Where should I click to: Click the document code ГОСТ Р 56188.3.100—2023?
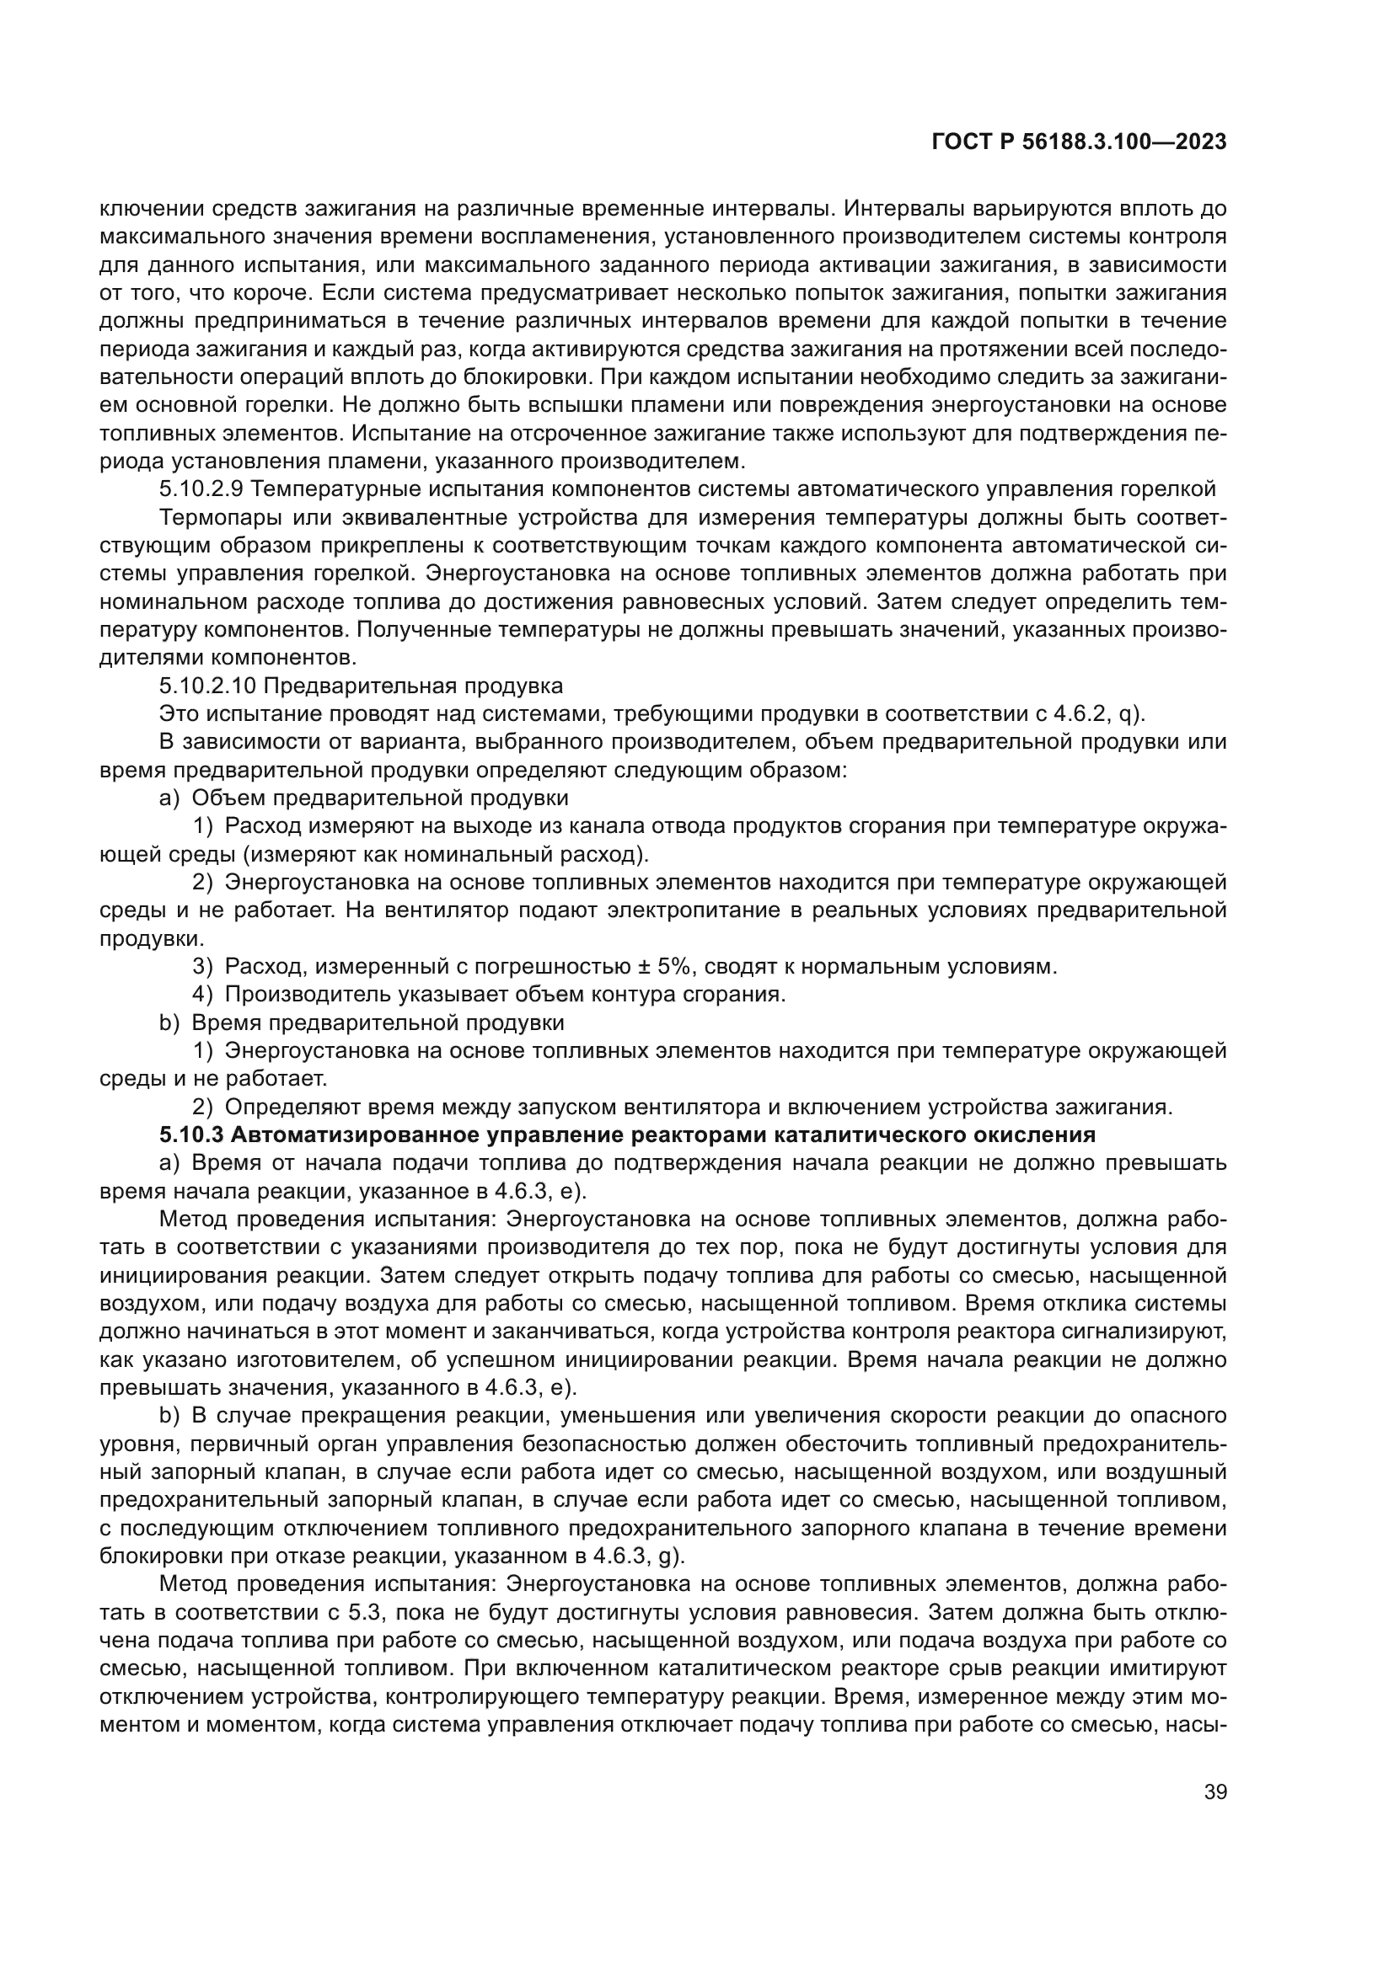pyautogui.click(x=1079, y=142)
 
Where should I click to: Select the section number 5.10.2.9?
pyautogui.click(x=201, y=489)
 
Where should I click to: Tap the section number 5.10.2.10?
pyautogui.click(x=206, y=686)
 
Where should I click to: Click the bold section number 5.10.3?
pyautogui.click(x=191, y=1134)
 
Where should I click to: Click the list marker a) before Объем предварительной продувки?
pyautogui.click(x=169, y=798)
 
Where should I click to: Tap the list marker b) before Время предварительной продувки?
pyautogui.click(x=169, y=1022)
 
